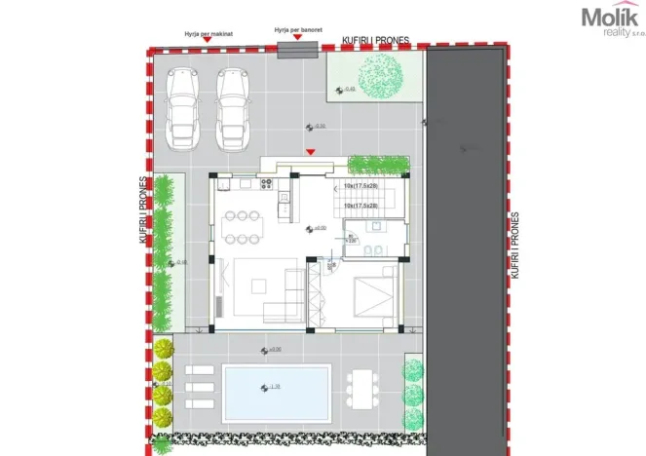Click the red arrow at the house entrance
click(311, 151)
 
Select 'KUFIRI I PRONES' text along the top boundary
click(376, 41)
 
